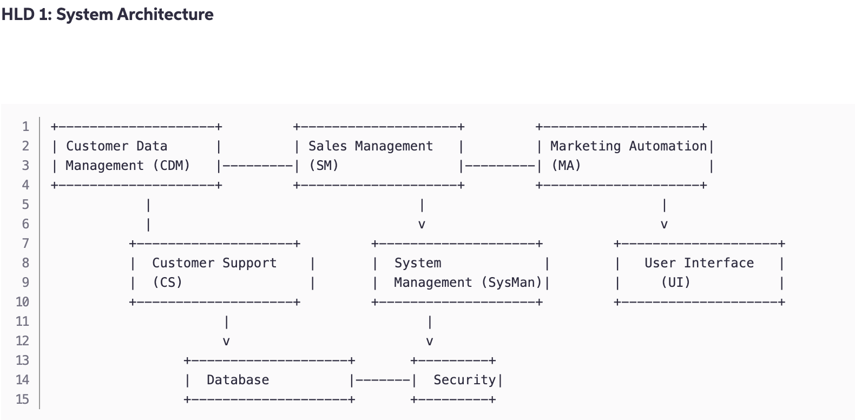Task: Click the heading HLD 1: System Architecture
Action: click(107, 15)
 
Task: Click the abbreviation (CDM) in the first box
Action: click(172, 166)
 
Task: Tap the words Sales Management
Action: click(371, 146)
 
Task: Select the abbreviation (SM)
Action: click(324, 166)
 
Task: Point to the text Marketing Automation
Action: click(628, 146)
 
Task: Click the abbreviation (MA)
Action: click(566, 166)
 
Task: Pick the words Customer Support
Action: click(214, 263)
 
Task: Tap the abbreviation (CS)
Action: click(167, 283)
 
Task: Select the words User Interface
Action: click(699, 263)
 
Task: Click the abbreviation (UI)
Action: click(675, 283)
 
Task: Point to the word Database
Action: click(238, 380)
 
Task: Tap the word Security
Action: click(464, 380)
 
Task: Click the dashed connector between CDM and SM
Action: click(258, 166)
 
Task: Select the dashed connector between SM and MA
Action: click(500, 166)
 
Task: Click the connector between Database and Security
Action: click(383, 380)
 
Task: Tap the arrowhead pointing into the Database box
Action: click(226, 342)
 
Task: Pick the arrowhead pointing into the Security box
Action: click(430, 342)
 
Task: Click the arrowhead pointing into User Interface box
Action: click(664, 225)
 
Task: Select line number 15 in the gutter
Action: click(22, 399)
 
